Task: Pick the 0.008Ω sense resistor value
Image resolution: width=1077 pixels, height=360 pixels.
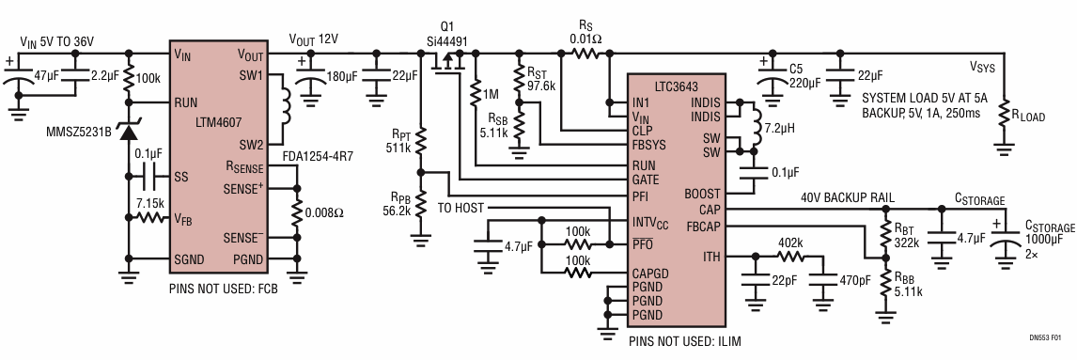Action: pos(325,213)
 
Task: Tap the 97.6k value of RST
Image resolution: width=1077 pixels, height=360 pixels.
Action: pos(541,81)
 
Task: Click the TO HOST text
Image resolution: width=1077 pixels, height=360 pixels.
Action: pos(460,208)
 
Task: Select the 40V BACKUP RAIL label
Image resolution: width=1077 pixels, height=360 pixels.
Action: pos(848,198)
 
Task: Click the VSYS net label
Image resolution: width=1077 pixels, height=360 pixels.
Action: pos(981,68)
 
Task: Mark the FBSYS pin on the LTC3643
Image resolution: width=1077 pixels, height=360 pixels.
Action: pos(649,144)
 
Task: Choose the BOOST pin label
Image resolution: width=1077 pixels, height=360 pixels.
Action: pos(702,195)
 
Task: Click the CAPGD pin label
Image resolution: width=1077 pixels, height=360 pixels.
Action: pos(650,274)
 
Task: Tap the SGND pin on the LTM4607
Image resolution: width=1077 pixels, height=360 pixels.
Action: pos(190,259)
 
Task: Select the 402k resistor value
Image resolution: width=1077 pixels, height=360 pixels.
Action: pos(790,243)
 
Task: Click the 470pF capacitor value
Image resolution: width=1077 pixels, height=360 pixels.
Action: pos(855,280)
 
